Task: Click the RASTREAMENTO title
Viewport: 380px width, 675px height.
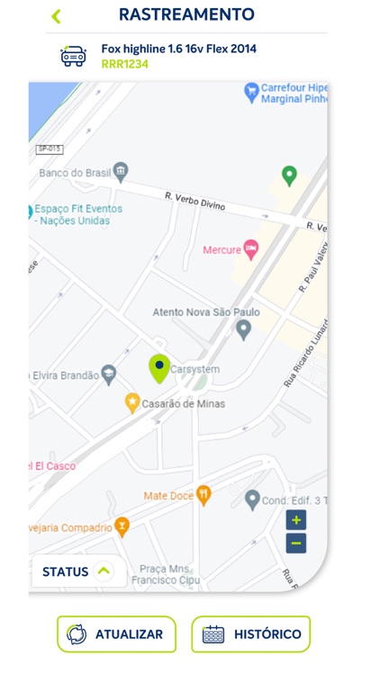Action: [x=186, y=15]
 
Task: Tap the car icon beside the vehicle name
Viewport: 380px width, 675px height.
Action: [x=73, y=56]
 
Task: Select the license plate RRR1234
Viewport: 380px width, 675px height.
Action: [x=125, y=64]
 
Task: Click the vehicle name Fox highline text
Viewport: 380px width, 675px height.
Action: [x=178, y=49]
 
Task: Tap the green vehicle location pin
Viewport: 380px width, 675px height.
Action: [x=159, y=368]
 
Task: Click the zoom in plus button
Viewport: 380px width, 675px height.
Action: [x=296, y=520]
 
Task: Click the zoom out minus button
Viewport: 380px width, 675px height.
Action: [x=296, y=543]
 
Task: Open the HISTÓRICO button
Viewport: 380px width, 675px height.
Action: [x=250, y=634]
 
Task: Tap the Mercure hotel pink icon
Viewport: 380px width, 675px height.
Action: [x=251, y=249]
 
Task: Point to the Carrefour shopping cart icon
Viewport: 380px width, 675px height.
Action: [x=251, y=91]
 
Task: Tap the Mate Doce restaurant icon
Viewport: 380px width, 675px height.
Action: [x=204, y=495]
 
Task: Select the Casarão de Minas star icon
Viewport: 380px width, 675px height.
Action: [x=132, y=403]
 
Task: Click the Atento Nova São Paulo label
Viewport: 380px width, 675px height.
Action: [x=206, y=312]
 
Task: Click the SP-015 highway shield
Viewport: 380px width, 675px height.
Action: [x=50, y=148]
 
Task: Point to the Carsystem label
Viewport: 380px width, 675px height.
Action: [x=195, y=369]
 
